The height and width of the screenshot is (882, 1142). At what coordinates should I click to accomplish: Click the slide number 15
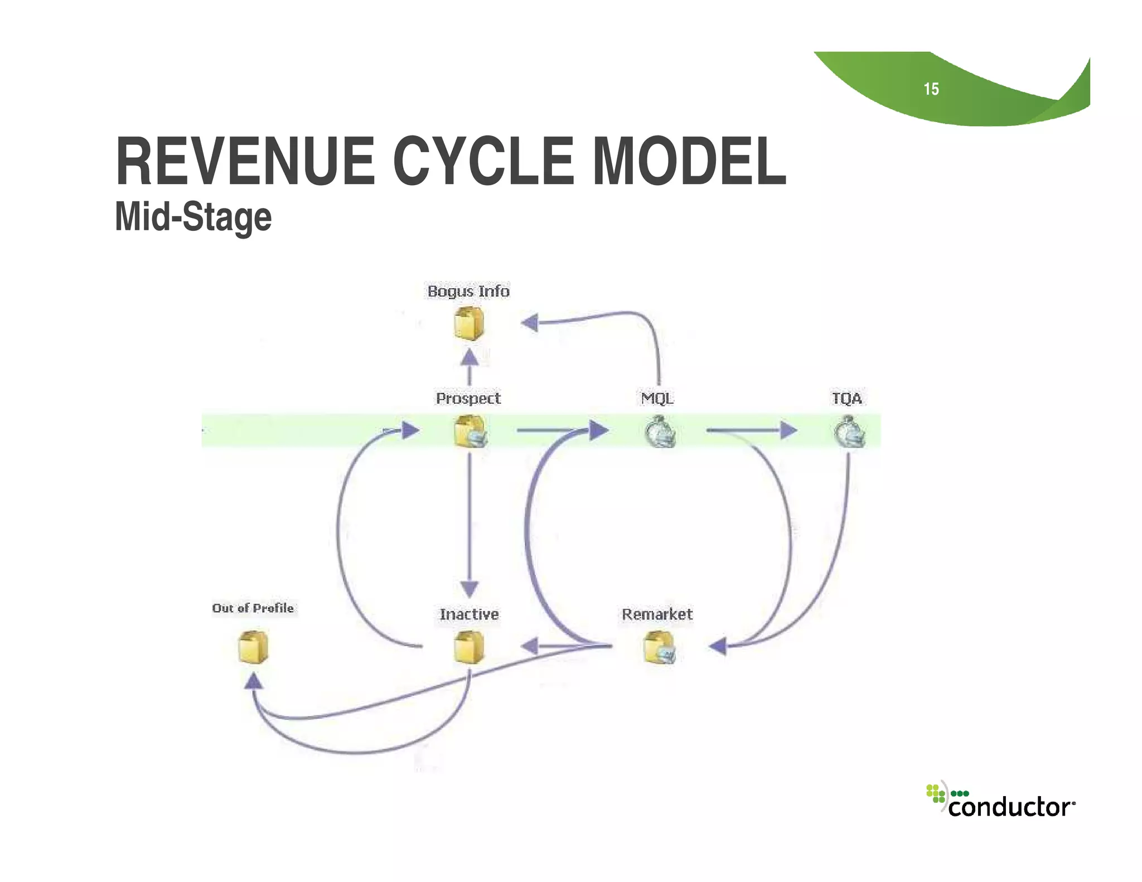(931, 89)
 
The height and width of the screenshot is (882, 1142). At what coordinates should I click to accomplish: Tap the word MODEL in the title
(689, 161)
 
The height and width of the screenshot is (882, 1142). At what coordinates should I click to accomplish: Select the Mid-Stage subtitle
(193, 217)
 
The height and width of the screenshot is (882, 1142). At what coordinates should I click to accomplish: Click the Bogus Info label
(468, 291)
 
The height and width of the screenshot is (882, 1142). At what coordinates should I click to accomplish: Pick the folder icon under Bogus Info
(468, 324)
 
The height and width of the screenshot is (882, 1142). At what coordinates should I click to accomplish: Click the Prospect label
(468, 398)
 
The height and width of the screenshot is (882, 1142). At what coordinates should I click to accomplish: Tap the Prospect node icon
(470, 432)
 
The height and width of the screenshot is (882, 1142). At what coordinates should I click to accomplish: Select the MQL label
(657, 398)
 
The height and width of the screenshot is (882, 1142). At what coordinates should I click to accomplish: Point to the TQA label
(847, 398)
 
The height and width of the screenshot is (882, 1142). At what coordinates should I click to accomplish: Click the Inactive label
(469, 614)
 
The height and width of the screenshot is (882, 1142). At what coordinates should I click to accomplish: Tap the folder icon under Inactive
(468, 647)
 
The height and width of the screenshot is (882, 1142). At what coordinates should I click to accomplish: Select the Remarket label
(657, 614)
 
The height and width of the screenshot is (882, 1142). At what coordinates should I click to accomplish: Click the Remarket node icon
(659, 647)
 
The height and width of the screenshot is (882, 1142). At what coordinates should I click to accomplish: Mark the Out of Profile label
(253, 608)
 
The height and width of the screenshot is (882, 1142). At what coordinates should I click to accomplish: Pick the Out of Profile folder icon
(253, 647)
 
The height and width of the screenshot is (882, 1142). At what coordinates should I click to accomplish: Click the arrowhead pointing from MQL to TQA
(788, 430)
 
